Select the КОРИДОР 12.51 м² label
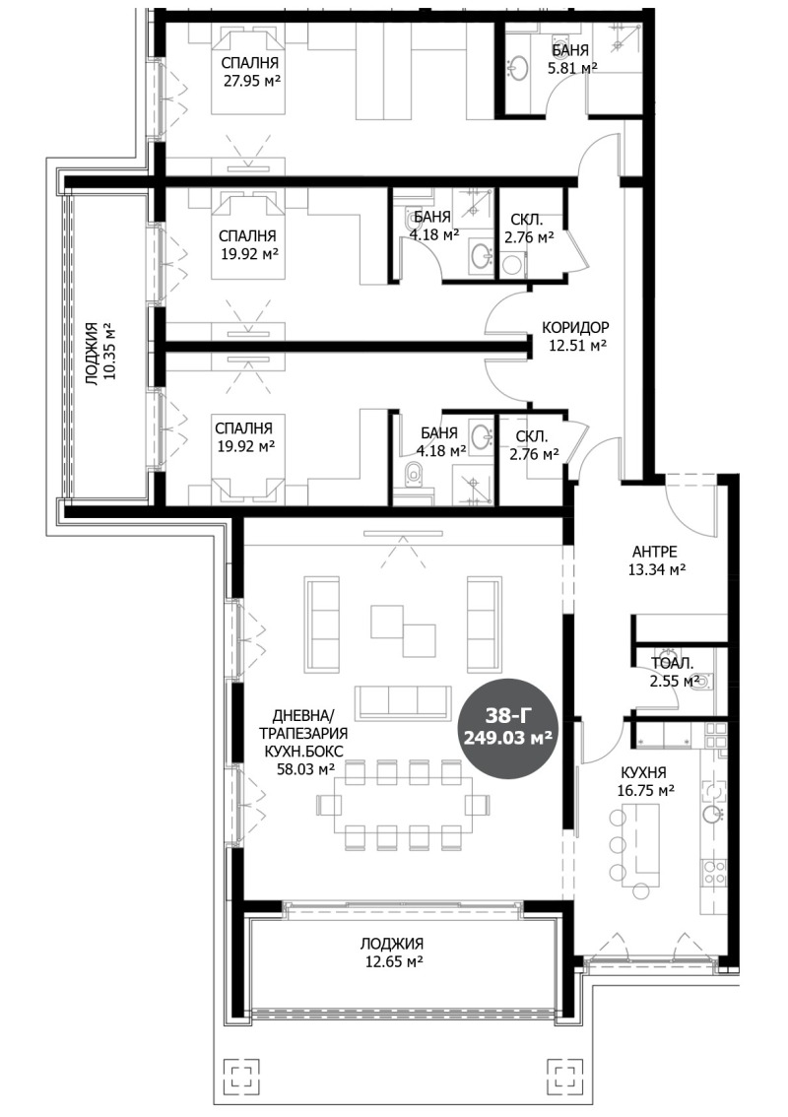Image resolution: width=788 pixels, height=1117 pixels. tap(575, 336)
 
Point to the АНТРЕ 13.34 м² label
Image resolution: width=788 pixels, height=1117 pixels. tap(656, 560)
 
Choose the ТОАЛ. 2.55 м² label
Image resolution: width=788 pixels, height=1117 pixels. tap(669, 671)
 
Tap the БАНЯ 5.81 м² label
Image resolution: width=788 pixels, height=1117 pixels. tap(570, 59)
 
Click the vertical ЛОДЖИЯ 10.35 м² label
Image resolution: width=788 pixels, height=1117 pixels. tap(99, 353)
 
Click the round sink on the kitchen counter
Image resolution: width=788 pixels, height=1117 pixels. tap(711, 815)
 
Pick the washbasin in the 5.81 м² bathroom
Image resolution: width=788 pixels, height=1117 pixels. tap(518, 67)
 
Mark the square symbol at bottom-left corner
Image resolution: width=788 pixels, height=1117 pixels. tap(239, 1077)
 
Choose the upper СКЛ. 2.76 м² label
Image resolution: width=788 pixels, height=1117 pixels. tap(529, 229)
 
